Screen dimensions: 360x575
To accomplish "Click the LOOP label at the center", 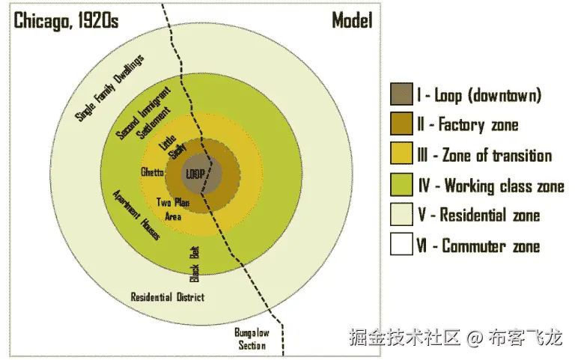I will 195,174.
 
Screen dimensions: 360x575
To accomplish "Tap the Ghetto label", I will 152,173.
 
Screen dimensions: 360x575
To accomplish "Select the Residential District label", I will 167,297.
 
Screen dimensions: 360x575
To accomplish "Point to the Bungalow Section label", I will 252,338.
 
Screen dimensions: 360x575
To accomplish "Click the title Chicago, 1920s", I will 66,20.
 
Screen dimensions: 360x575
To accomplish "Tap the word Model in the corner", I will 352,20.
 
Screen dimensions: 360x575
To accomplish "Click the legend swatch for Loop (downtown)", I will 401,95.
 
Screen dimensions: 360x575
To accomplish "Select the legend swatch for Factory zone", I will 401,125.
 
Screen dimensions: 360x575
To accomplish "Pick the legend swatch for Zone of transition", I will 401,155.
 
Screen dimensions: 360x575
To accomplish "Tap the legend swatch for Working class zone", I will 401,186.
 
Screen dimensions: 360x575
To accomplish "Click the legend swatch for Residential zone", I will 401,216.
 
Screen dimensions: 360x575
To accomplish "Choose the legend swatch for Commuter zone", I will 401,245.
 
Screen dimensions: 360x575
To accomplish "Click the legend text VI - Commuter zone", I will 478,245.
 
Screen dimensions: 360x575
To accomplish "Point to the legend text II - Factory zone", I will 468,125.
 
